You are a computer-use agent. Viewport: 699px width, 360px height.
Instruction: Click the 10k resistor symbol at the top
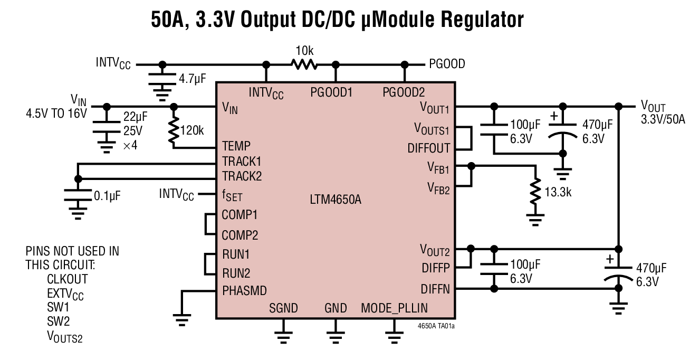[x=304, y=64]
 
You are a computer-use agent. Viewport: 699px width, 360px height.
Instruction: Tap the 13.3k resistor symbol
[x=535, y=192]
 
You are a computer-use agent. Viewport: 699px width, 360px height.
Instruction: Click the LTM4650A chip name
[x=336, y=200]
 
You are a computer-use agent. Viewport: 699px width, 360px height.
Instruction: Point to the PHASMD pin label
[x=244, y=290]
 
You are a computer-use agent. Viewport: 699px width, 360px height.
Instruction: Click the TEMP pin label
[x=236, y=146]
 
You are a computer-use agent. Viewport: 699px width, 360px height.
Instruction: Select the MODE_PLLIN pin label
[x=394, y=308]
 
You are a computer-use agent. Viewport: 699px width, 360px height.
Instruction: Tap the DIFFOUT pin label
[x=429, y=148]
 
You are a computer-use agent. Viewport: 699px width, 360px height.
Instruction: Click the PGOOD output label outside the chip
[x=445, y=64]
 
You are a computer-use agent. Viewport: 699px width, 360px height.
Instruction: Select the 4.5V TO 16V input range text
[x=56, y=113]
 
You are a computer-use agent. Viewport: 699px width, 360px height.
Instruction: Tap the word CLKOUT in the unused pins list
[x=67, y=278]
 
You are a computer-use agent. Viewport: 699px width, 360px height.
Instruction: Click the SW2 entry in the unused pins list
[x=58, y=321]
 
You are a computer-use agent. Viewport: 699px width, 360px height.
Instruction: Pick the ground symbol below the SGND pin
[x=284, y=334]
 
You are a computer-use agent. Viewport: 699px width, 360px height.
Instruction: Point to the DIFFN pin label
[x=435, y=289]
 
